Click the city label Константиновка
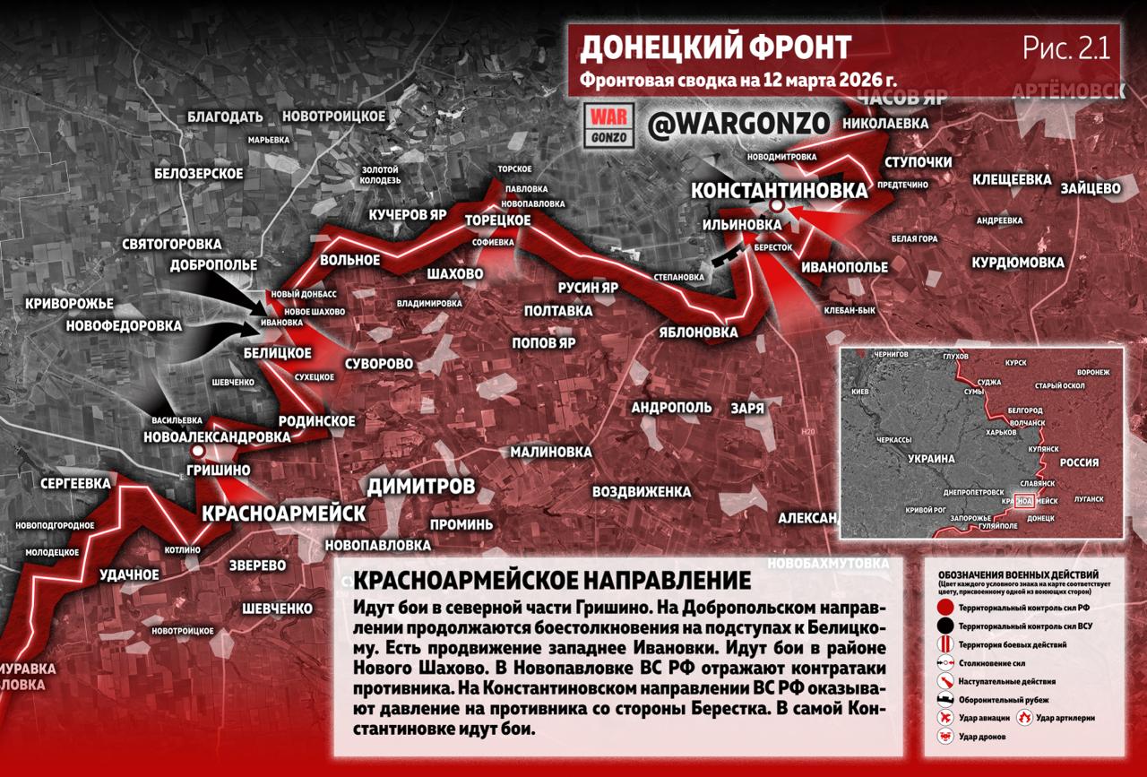pos(779,190)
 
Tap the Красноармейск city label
pos(284,514)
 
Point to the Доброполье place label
pos(213,265)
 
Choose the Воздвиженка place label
pos(641,492)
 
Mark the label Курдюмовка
pos(1018,263)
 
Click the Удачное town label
pos(129,574)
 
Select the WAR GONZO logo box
pos(609,125)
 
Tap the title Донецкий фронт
pos(715,47)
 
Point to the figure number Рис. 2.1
pos(1065,48)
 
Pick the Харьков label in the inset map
pos(1003,432)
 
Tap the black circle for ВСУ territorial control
pos(944,626)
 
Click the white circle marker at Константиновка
pos(777,207)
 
